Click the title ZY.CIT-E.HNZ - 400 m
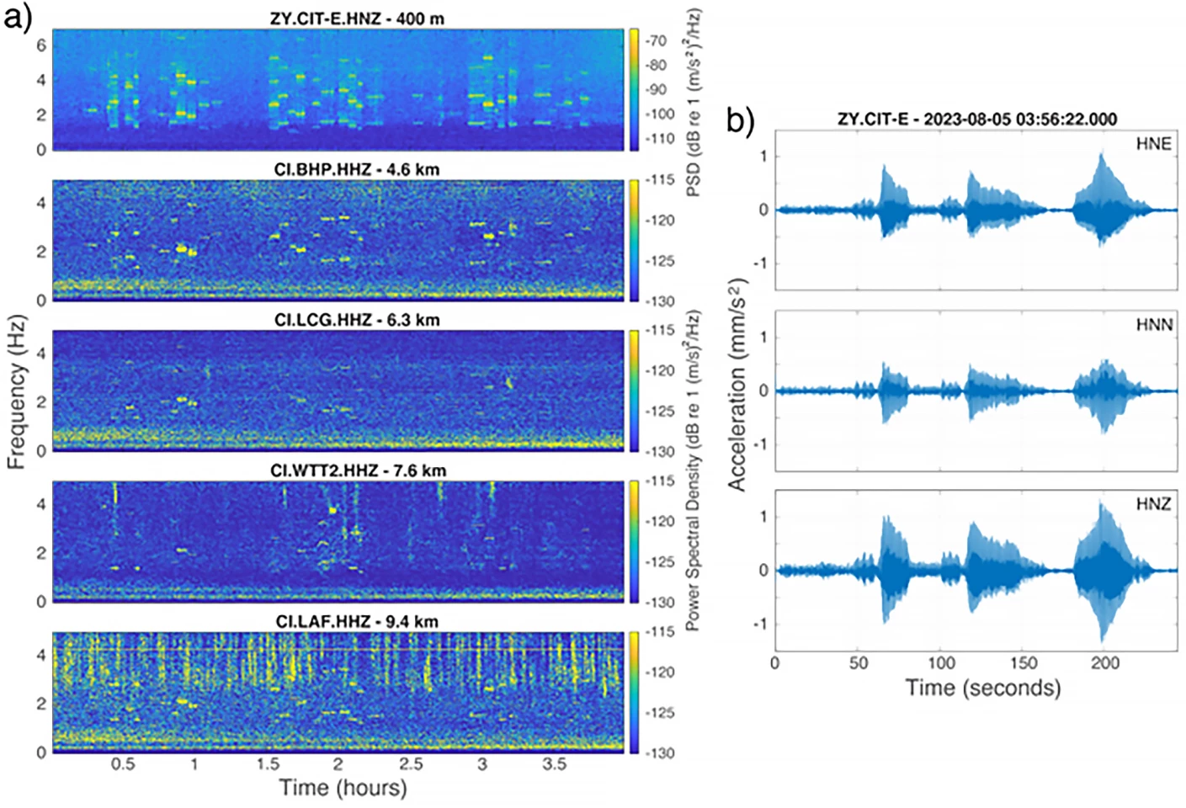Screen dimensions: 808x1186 [356, 18]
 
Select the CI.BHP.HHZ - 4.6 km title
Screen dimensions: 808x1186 [356, 169]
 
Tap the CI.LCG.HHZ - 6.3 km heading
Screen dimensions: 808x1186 [356, 320]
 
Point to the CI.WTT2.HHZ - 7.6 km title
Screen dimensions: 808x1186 [358, 470]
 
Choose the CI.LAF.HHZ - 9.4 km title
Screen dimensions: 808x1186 [357, 621]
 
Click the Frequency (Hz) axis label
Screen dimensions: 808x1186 [17, 391]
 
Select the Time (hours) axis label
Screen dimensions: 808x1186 [343, 788]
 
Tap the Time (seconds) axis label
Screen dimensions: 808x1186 [982, 688]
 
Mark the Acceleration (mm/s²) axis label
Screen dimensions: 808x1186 [737, 385]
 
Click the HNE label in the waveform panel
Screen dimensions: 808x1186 [1153, 144]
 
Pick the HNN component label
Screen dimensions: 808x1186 [1153, 325]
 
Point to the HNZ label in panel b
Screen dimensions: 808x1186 [1153, 504]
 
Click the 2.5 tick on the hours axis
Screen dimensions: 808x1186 [411, 764]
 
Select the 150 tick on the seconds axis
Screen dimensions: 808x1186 [1024, 662]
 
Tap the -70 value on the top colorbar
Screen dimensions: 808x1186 [656, 40]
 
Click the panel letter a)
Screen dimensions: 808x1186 [18, 17]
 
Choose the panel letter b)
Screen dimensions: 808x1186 [740, 121]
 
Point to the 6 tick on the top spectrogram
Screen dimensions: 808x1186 [41, 45]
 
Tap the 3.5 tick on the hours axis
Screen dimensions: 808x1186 [554, 764]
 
